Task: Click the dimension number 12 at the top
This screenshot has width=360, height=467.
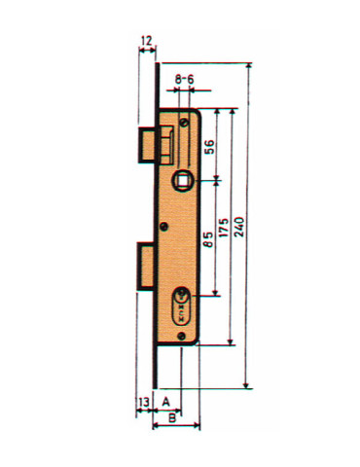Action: pos(146,41)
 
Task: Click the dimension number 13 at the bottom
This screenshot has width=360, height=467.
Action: pos(143,400)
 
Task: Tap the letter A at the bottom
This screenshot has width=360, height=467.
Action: pos(166,400)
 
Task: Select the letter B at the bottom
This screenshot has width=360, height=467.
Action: pos(173,418)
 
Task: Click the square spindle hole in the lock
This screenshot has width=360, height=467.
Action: pos(183,180)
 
